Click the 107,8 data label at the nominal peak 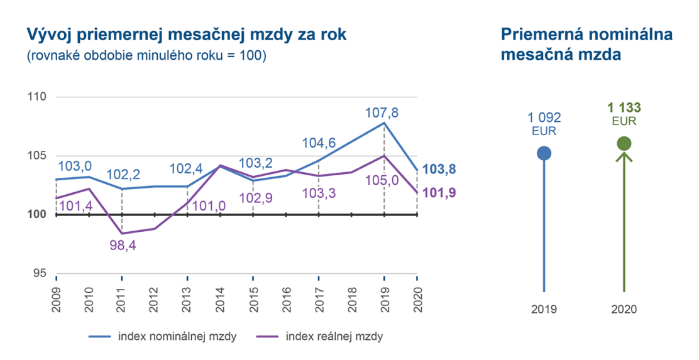pyautogui.click(x=383, y=113)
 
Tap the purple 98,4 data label pyautogui.click(x=122, y=245)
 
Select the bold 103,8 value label pyautogui.click(x=439, y=169)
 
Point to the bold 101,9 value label pyautogui.click(x=439, y=192)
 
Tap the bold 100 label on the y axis pyautogui.click(x=38, y=215)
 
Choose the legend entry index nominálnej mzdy pyautogui.click(x=177, y=336)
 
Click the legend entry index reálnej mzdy pyautogui.click(x=334, y=336)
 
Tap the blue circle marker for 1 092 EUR pyautogui.click(x=544, y=153)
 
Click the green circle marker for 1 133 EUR pyautogui.click(x=624, y=143)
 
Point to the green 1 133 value pyautogui.click(x=624, y=108)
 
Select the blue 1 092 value pyautogui.click(x=544, y=117)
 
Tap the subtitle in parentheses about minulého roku pyautogui.click(x=146, y=56)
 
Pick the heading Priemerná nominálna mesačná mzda pyautogui.click(x=586, y=44)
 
